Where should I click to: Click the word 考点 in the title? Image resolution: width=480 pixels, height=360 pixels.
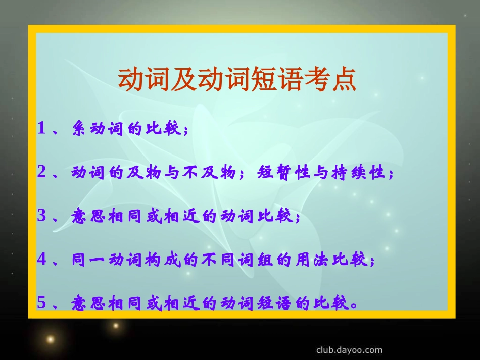tap(328, 79)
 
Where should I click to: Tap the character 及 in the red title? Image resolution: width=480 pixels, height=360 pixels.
tap(184, 79)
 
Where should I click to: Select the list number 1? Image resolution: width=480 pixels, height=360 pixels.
tap(42, 129)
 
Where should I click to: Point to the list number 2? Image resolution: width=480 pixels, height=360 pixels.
tap(42, 172)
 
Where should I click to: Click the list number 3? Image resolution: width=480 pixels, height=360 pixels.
tap(42, 216)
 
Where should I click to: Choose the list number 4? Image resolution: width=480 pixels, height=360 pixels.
tap(42, 260)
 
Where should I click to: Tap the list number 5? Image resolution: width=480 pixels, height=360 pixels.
tap(42, 303)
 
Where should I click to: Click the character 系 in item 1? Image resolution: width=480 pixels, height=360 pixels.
tap(80, 129)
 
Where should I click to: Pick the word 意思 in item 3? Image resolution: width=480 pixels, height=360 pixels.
tap(88, 216)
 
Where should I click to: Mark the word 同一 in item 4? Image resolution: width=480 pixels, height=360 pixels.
tap(88, 260)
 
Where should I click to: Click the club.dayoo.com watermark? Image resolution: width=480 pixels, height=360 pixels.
tap(349, 350)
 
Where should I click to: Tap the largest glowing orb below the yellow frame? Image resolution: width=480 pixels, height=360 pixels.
tap(50, 339)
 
